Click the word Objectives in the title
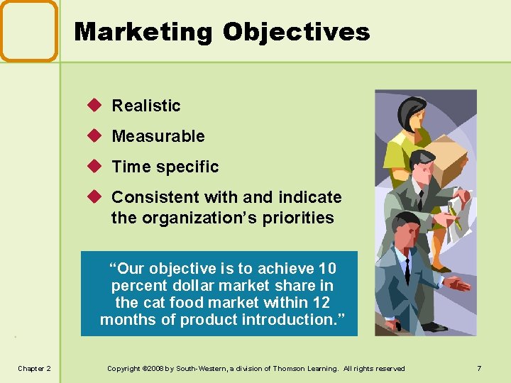(296, 32)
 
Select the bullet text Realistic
(146, 106)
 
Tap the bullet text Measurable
(158, 136)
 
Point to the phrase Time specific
(165, 167)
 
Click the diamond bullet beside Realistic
(97, 105)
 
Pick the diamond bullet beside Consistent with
(97, 196)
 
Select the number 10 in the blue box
(327, 269)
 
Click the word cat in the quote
(153, 303)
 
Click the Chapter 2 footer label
(35, 368)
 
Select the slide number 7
(480, 368)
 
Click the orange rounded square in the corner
(28, 30)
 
